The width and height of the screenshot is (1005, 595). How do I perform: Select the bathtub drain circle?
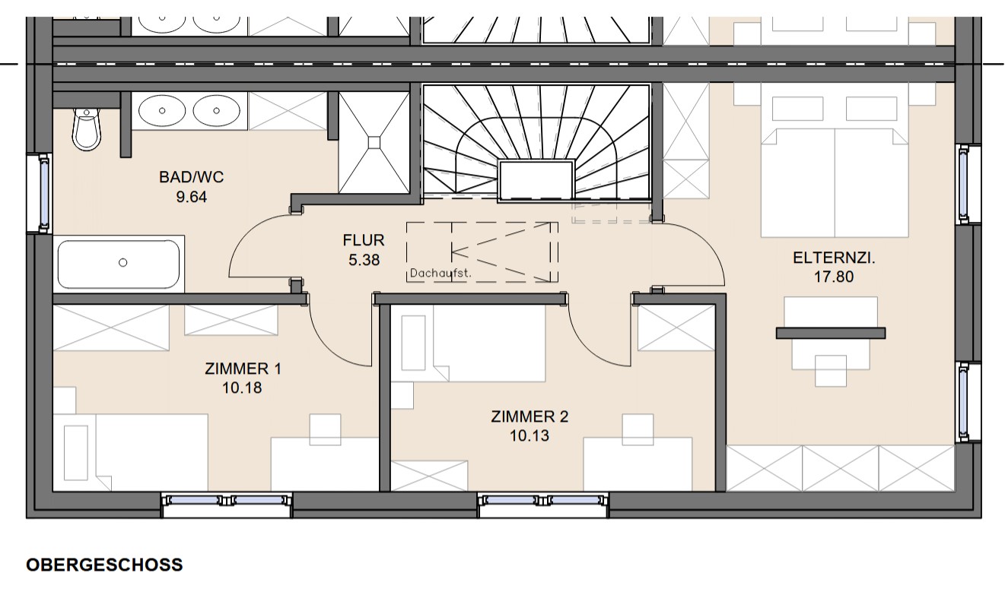click(x=123, y=263)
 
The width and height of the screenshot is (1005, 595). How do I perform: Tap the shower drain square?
click(x=374, y=142)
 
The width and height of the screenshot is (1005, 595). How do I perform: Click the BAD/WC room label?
click(x=191, y=177)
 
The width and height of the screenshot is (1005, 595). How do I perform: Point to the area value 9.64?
click(x=192, y=197)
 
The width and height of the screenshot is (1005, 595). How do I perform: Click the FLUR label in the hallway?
click(x=364, y=240)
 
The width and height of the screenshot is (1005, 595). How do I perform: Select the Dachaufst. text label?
click(x=440, y=274)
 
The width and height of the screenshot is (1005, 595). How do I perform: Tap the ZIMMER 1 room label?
click(x=243, y=369)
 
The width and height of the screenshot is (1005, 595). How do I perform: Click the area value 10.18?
click(x=242, y=388)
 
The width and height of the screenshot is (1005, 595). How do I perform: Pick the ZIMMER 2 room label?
click(x=530, y=416)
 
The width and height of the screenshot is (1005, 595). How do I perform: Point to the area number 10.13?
click(x=530, y=435)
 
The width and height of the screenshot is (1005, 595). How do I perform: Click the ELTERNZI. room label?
click(x=834, y=258)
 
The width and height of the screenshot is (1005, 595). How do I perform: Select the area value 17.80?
click(x=834, y=277)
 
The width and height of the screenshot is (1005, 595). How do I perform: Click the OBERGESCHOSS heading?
click(x=104, y=565)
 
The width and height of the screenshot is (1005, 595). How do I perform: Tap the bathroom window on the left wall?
click(x=43, y=194)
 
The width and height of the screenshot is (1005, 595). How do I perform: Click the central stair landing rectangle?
click(x=536, y=179)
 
